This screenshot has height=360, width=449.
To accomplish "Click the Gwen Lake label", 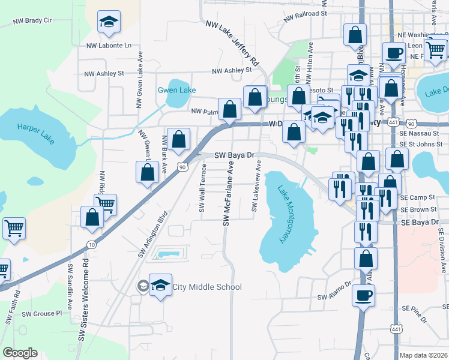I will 176,90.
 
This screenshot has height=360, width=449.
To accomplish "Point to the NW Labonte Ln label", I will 108,45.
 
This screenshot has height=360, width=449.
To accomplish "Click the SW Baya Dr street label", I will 235,155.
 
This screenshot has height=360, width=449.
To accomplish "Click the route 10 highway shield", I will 91,244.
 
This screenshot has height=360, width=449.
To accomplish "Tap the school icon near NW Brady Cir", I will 109,23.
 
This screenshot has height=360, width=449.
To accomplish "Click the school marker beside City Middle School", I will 160,285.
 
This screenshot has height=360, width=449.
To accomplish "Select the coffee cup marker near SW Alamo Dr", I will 363,296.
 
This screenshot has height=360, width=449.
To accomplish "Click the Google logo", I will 20,353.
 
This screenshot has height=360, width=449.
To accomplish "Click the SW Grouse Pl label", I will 41,313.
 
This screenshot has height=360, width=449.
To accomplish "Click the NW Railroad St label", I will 305,12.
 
